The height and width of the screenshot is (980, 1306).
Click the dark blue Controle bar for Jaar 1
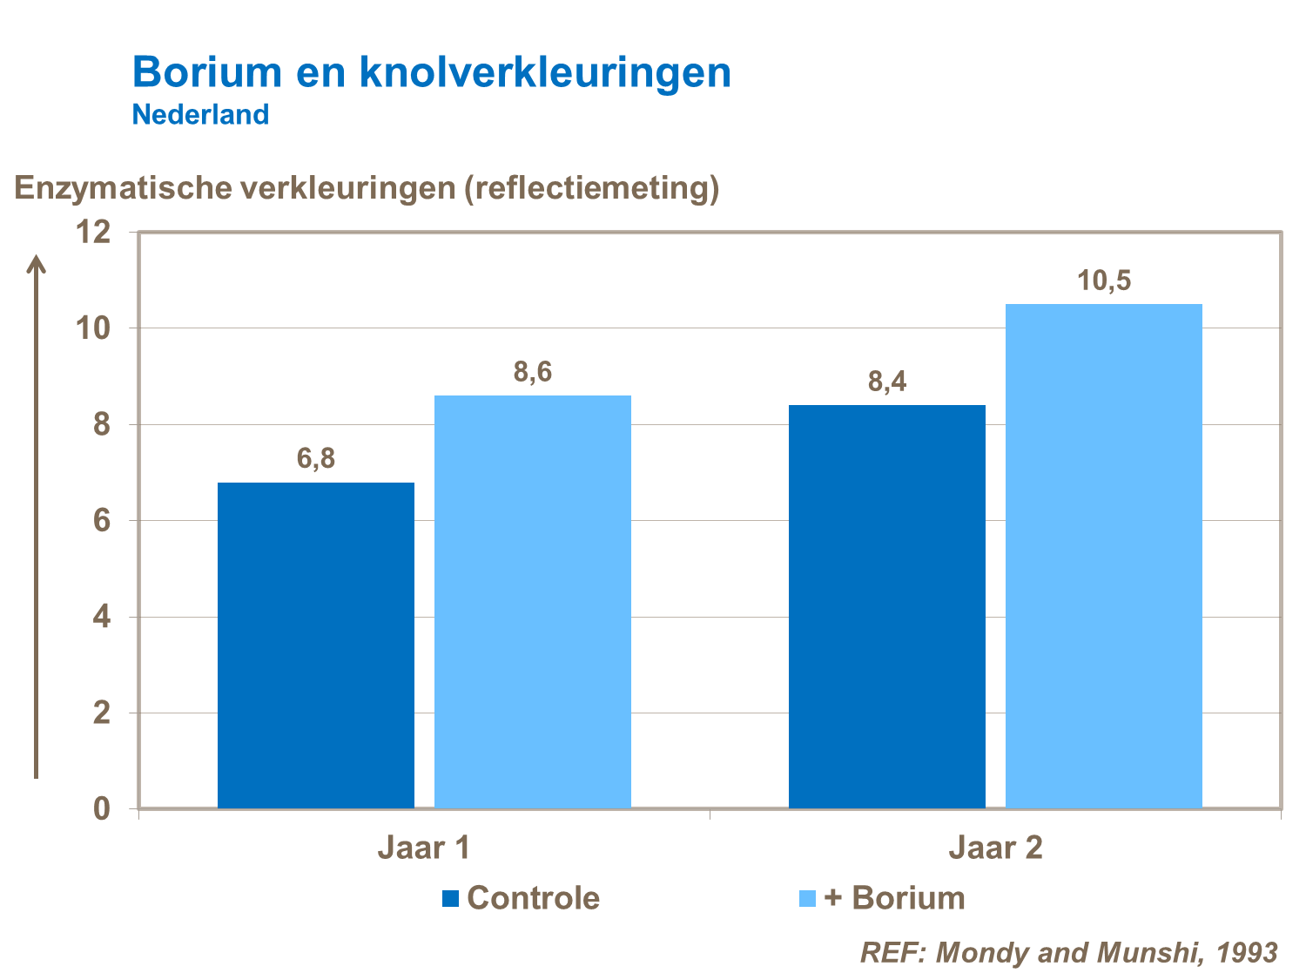coord(316,645)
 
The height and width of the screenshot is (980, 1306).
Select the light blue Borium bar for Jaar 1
coord(533,601)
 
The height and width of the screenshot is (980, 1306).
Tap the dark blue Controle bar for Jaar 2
coord(886,606)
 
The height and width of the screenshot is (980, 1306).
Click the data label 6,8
coord(316,458)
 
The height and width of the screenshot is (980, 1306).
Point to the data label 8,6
coord(533,372)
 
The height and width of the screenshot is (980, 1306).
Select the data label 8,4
coord(886,382)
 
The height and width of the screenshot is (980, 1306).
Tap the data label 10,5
coord(1103,280)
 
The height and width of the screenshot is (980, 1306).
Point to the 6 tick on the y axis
coord(102,521)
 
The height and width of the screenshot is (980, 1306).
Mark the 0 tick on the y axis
coord(102,808)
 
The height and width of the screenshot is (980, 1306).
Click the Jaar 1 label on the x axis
coord(424,848)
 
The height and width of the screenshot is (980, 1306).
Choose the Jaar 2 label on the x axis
coord(995,848)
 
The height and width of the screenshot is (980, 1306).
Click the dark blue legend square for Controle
coord(450,898)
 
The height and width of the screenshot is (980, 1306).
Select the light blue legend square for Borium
coord(807,898)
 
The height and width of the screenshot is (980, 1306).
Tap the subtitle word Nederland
coord(200,114)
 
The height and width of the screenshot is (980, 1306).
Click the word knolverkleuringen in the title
coord(545,72)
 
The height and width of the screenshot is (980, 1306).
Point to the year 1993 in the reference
coord(1247,952)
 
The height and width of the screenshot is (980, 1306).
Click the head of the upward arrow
coord(36,262)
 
